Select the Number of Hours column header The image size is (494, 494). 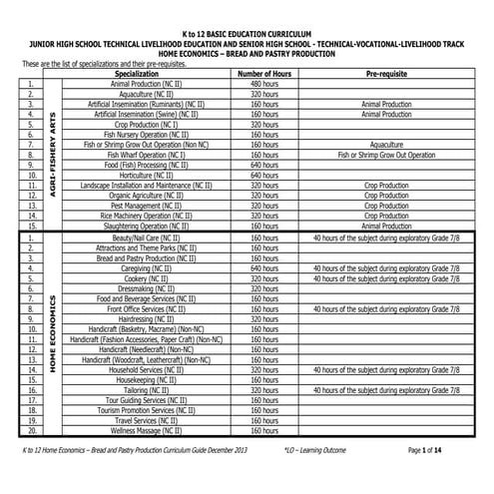pos(263,75)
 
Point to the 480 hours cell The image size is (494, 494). pos(263,85)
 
